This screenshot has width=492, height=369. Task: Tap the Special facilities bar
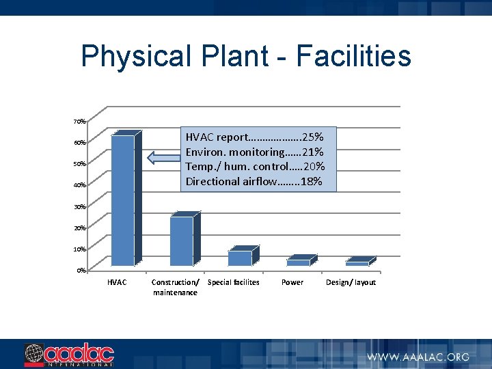[x=240, y=258]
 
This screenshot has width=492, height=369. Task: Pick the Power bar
[x=299, y=262]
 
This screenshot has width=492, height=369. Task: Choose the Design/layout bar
[x=357, y=263]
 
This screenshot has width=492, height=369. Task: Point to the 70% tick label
[x=80, y=122]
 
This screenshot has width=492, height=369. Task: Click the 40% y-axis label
[x=80, y=185]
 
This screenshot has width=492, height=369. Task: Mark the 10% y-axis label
[x=80, y=249]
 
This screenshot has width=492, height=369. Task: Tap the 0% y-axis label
[x=81, y=271]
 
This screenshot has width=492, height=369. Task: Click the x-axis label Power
[x=292, y=282]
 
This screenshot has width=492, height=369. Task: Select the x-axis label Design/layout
[x=351, y=282]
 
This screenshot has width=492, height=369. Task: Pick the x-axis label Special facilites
[x=233, y=282]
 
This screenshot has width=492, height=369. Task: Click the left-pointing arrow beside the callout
[x=163, y=159]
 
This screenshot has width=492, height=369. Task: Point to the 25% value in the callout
[x=313, y=137]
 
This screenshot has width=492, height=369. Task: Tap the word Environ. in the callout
[x=206, y=152]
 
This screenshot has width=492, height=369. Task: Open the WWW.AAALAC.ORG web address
[x=418, y=357]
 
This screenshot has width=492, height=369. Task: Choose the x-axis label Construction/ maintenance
[x=175, y=287]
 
